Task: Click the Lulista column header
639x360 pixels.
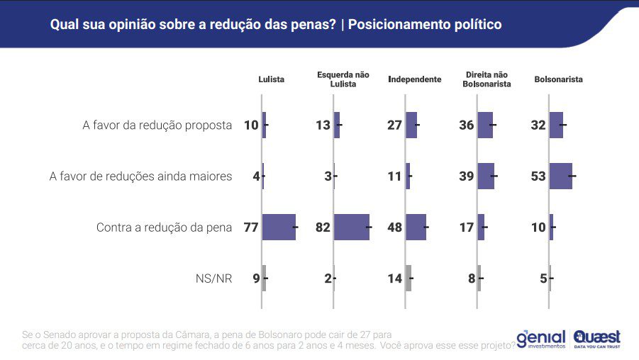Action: (x=271, y=79)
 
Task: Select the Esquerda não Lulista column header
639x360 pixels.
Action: (x=343, y=79)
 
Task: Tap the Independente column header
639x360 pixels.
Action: (x=415, y=79)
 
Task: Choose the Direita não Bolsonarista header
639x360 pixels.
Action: (x=487, y=79)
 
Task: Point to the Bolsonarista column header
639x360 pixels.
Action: (x=558, y=79)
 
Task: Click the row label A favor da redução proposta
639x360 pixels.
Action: (x=157, y=125)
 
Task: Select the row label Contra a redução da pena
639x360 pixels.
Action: (x=164, y=227)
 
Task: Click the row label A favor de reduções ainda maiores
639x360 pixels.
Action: (x=140, y=176)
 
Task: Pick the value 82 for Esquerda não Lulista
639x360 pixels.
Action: (x=323, y=227)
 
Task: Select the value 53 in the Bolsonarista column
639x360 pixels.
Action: (x=538, y=176)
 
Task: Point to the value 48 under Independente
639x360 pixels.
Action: (x=395, y=227)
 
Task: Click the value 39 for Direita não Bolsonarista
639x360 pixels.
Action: (x=467, y=176)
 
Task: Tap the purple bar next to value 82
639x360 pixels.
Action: (x=351, y=227)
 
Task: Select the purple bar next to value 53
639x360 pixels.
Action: (x=560, y=176)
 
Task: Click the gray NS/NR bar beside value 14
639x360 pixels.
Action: (x=409, y=279)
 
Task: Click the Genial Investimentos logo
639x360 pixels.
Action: (x=541, y=337)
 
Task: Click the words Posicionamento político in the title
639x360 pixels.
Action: (x=425, y=25)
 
